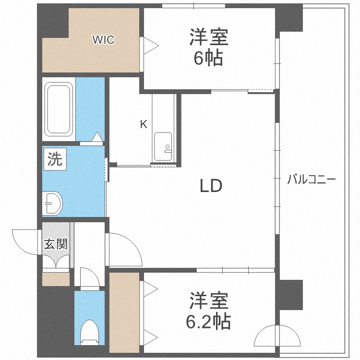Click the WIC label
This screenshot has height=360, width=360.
pos(104,40)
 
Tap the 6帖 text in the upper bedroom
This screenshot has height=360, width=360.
pos(208,59)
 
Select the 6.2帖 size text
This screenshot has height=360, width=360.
pos(208,321)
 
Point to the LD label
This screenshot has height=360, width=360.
pos(211,186)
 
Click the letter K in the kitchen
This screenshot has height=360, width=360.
pos(143,125)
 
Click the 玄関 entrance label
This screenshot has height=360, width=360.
pos(56,244)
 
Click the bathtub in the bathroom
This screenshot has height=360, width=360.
pos(59,109)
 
